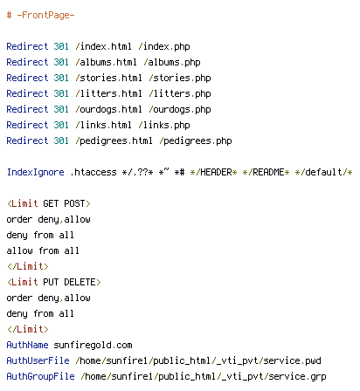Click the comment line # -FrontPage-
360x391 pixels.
[x=40, y=15]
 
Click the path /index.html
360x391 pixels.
[x=103, y=46]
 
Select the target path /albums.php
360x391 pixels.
[x=172, y=62]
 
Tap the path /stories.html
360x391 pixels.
[x=108, y=78]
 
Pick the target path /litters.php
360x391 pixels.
[x=180, y=93]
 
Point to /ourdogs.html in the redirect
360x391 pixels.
[x=108, y=109]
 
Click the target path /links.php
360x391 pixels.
[x=164, y=125]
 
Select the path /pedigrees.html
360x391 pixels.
[x=114, y=141]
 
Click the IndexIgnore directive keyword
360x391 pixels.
[x=35, y=172]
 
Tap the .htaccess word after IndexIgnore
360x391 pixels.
[x=93, y=172]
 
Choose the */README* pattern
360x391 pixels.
[x=266, y=172]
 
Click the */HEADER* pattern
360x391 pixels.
[x=213, y=172]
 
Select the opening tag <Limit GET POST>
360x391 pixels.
[x=49, y=203]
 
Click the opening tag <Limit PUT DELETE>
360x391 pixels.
[x=54, y=282]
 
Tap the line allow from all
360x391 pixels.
[x=43, y=250]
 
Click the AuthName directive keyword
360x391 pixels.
[x=27, y=345]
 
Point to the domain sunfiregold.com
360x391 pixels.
[x=93, y=345]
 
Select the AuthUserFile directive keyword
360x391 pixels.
[x=38, y=360]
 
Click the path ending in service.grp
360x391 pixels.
[x=204, y=376]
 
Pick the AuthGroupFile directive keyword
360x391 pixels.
[x=40, y=376]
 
